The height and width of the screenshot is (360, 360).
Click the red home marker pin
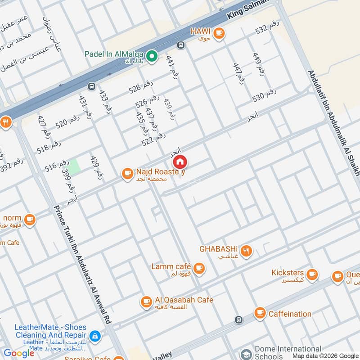click(x=180, y=162)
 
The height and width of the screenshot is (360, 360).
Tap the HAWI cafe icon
click(x=219, y=33)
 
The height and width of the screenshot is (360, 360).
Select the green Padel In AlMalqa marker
click(x=152, y=56)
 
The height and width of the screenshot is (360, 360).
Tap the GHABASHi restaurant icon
click(x=246, y=251)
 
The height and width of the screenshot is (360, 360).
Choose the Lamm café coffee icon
click(x=199, y=269)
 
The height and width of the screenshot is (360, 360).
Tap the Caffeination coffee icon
click(x=260, y=313)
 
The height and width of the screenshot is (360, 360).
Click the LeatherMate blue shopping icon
click(x=95, y=336)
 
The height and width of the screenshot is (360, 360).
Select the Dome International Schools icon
click(x=246, y=353)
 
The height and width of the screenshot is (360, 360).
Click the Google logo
click(x=19, y=353)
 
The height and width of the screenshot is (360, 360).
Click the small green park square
click(x=74, y=166)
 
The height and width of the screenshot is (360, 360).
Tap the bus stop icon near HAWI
click(x=181, y=45)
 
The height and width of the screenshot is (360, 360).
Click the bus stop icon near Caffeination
click(x=238, y=320)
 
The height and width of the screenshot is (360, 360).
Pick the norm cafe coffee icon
click(x=30, y=220)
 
